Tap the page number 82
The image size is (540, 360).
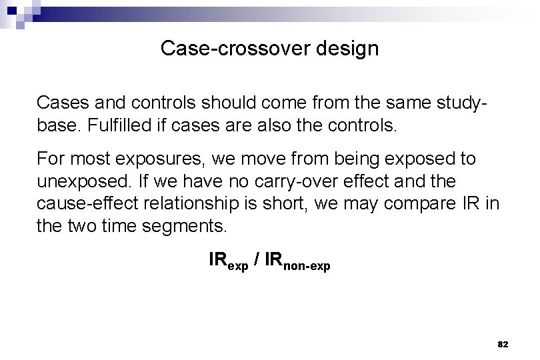pyautogui.click(x=503, y=344)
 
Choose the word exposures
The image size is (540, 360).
pyautogui.click(x=161, y=159)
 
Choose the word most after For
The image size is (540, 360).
pyautogui.click(x=87, y=159)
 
